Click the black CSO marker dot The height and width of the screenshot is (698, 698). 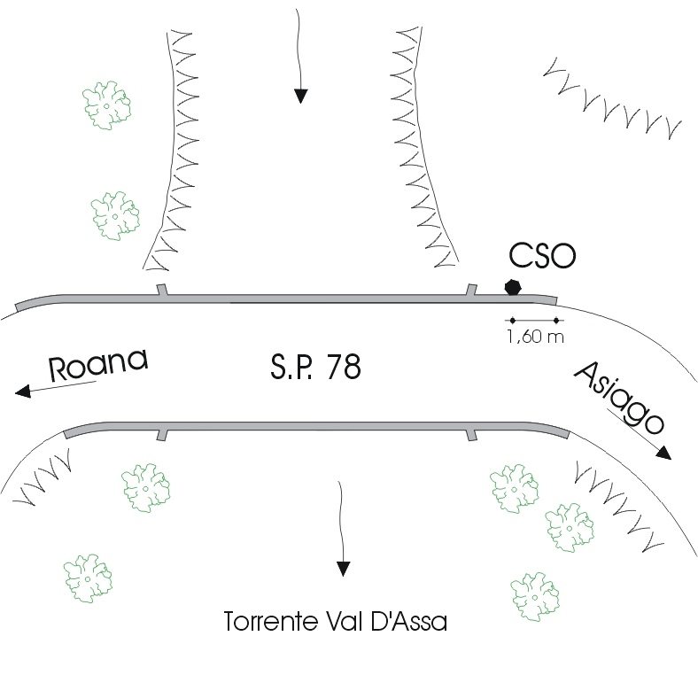(512, 286)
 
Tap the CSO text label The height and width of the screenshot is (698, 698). (542, 256)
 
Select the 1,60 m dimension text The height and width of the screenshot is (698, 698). (534, 337)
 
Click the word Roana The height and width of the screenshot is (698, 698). (97, 365)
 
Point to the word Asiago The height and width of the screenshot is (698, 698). (619, 395)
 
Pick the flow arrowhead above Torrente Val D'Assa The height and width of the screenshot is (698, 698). (343, 568)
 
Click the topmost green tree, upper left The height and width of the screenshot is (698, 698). (107, 105)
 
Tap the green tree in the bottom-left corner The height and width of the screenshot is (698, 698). (89, 578)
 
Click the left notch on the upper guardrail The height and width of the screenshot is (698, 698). (160, 290)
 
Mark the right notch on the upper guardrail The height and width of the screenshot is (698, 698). (471, 289)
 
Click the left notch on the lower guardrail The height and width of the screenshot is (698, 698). (160, 434)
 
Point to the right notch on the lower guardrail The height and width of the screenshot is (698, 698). (471, 434)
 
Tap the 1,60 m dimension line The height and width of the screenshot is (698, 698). (534, 320)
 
